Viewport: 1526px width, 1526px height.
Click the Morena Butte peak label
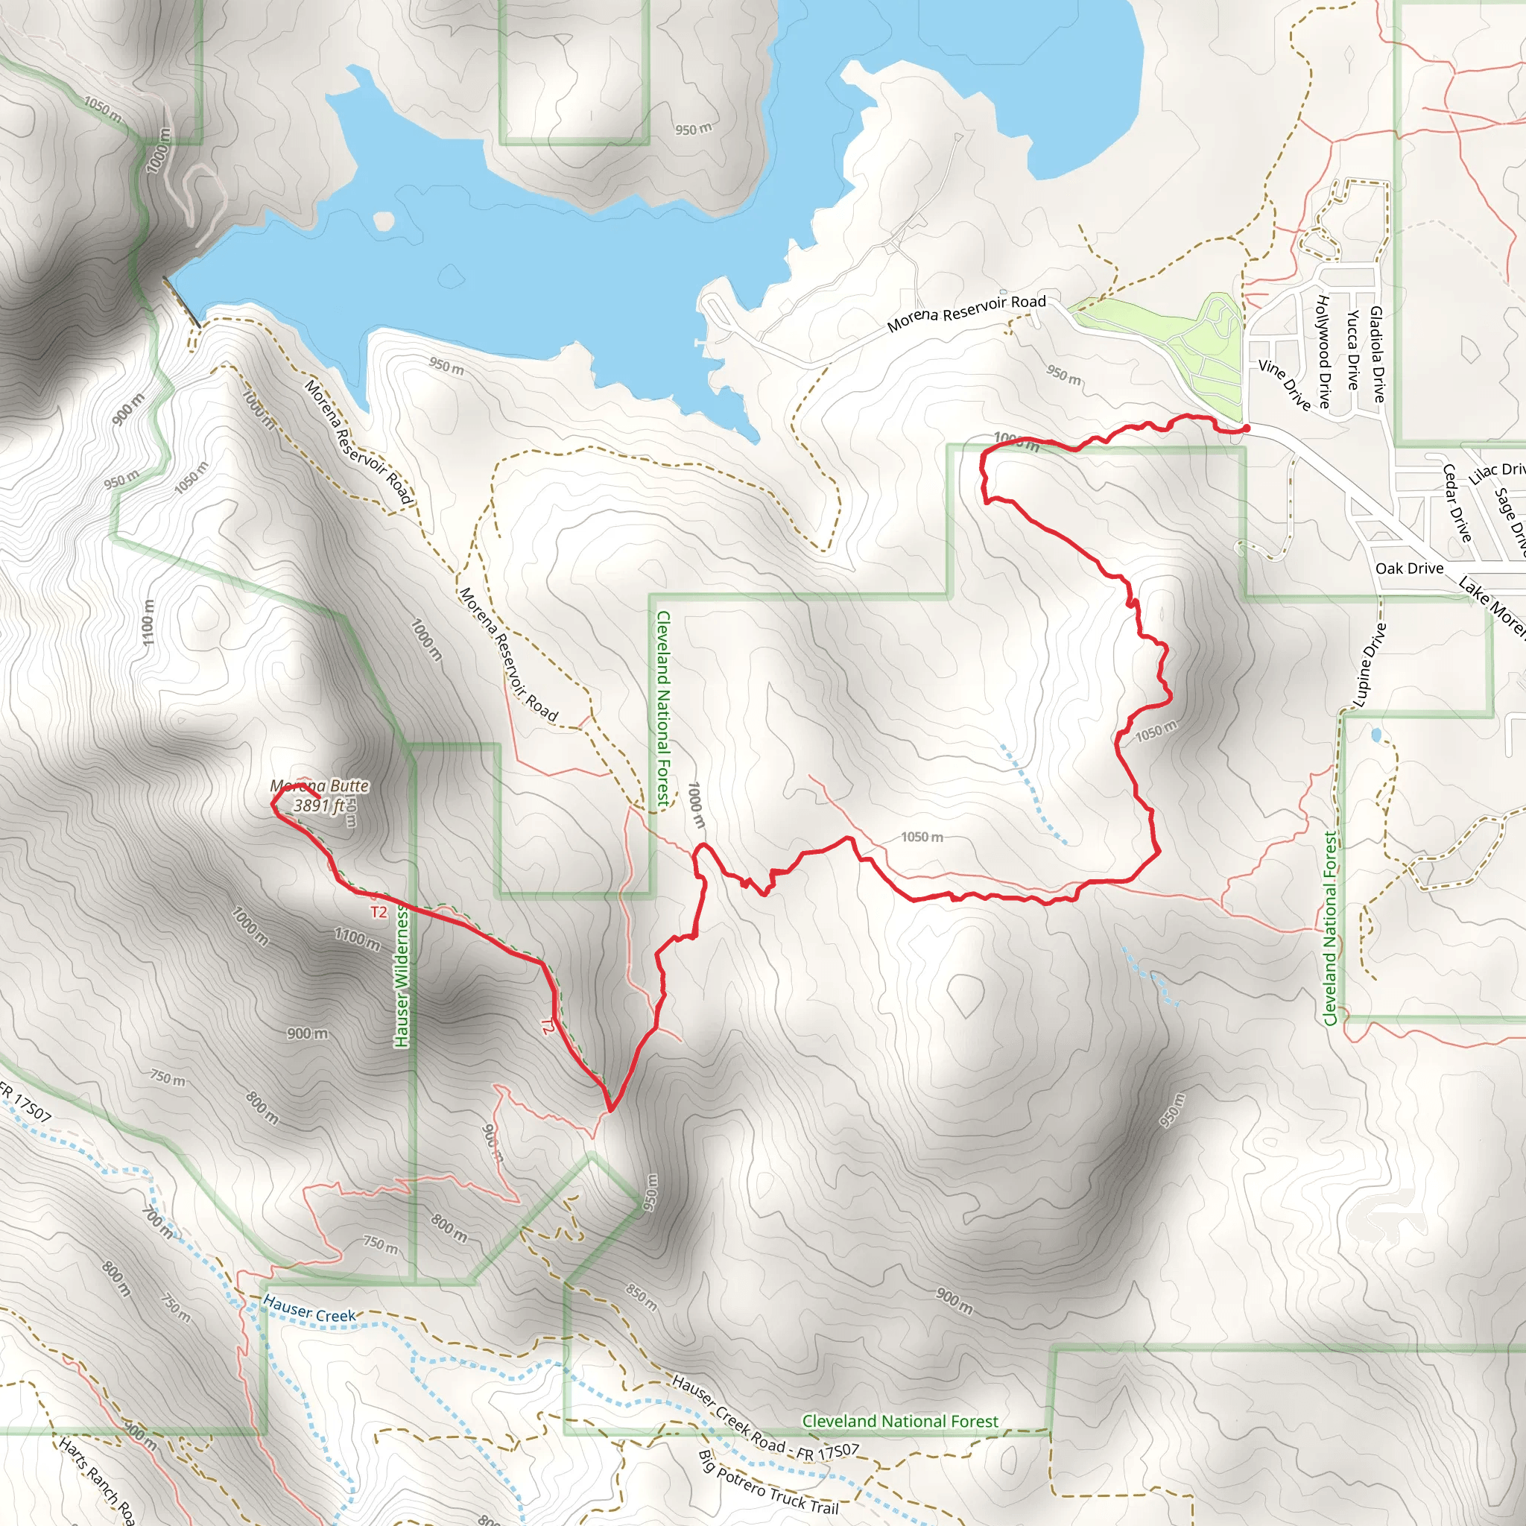319,786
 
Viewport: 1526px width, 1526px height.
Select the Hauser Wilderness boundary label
402,976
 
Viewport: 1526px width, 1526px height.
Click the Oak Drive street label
1409,569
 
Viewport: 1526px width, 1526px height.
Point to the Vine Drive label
1285,384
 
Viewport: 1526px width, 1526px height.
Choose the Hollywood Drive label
1324,352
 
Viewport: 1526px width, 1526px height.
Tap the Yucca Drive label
1353,350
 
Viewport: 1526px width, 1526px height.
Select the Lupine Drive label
1370,664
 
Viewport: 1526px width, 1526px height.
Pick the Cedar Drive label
1457,503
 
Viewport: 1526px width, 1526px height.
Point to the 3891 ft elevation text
319,805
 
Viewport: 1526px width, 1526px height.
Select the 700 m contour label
157,1221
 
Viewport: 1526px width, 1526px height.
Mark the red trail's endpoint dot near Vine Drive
1247,428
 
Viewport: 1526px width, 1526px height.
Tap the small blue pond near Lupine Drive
1377,735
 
